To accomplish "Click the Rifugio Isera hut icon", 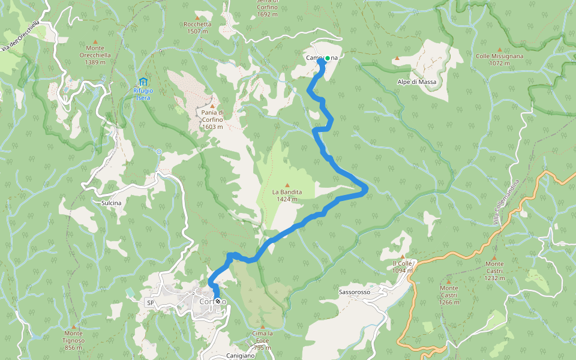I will tap(143, 82).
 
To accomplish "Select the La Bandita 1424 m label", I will tap(287, 196).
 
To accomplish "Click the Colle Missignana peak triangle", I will tap(499, 49).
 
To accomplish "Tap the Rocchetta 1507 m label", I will tap(197, 28).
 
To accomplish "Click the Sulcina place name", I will tap(111, 203).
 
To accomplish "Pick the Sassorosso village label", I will tap(355, 292).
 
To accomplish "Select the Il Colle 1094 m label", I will tap(403, 266).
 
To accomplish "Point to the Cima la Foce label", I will tap(262, 337).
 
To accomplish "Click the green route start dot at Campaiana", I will tap(327, 58).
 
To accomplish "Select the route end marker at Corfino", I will tap(218, 301).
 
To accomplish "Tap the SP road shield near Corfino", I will tap(150, 303).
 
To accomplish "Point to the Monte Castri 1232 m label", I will tap(494, 271).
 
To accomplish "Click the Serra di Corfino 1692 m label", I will tap(267, 8).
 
